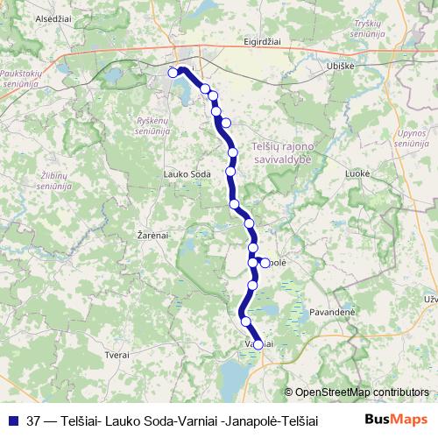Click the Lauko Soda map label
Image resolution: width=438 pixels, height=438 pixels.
[187, 174]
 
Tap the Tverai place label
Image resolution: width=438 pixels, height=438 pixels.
[117, 355]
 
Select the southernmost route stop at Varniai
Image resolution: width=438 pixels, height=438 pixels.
[258, 344]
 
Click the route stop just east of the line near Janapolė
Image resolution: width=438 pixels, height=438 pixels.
[265, 262]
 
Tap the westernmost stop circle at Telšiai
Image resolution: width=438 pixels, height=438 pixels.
[173, 73]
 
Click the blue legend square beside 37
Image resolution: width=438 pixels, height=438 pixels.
[14, 420]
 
